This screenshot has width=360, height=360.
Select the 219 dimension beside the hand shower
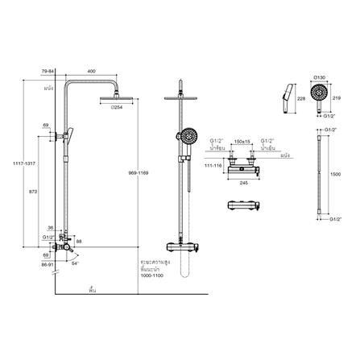337,97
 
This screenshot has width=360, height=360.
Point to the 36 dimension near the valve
51,227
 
